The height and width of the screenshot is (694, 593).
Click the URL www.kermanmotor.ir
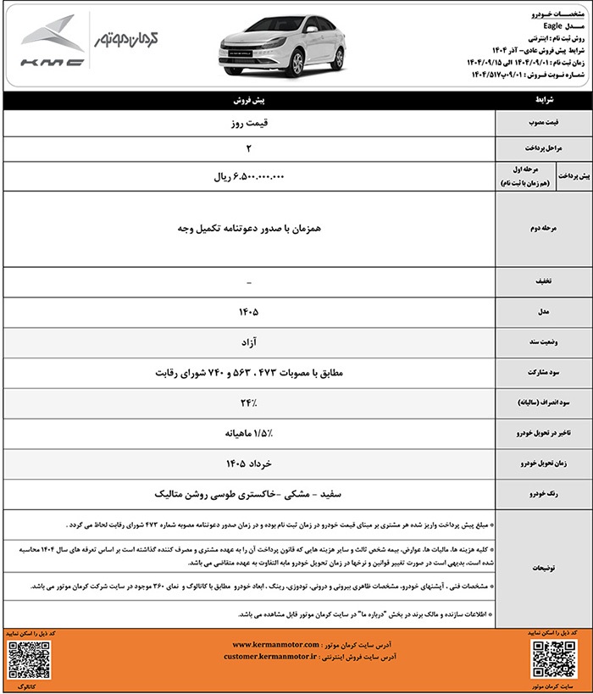click(x=269, y=644)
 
